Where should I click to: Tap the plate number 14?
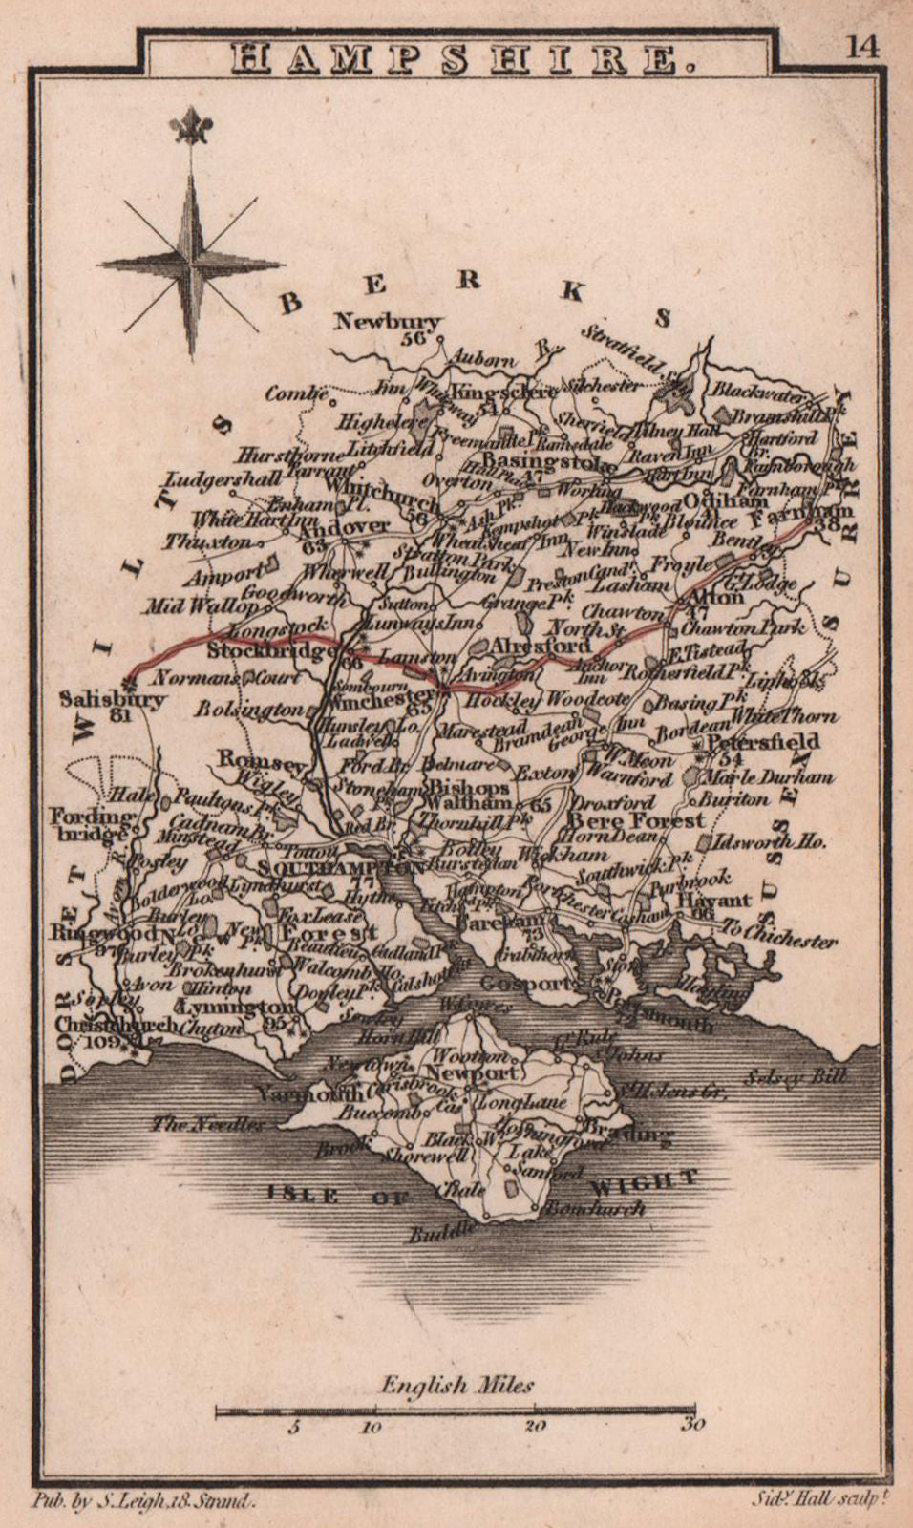coord(861,47)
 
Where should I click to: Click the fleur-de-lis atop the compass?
coord(191,127)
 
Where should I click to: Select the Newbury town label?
coord(388,322)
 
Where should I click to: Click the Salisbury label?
coord(112,699)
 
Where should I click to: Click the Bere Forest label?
coord(636,819)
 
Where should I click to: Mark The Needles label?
coord(207,1124)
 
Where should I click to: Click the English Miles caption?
coord(456,1386)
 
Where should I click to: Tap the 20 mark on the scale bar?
coord(535,1426)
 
